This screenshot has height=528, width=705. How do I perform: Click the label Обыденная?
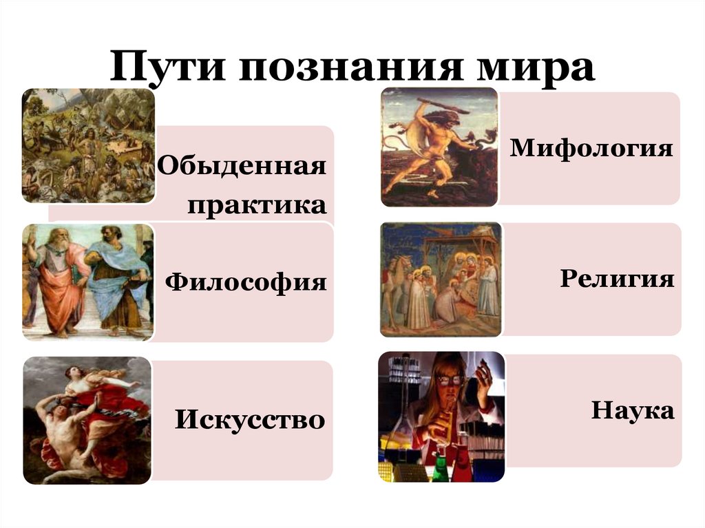pos(242,167)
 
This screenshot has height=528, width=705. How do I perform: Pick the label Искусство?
pos(249,419)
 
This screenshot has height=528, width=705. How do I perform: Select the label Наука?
pos(632,412)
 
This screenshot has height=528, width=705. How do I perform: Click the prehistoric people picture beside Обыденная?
pos(88,146)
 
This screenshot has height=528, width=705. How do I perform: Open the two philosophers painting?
pos(87,282)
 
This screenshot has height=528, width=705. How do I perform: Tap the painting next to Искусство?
pos(87,420)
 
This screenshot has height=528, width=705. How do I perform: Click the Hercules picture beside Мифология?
pos(439,147)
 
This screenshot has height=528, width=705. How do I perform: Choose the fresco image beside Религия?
pos(441,279)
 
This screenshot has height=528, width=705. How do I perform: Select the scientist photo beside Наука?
pos(441,416)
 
